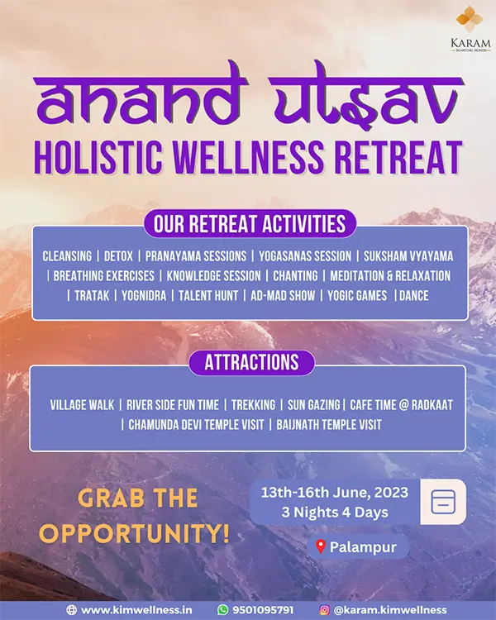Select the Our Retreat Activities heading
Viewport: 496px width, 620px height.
pos(250,224)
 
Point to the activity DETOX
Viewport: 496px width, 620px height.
pos(118,256)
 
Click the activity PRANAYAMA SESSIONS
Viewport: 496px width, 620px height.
pos(196,256)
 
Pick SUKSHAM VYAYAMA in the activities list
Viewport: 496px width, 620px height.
pos(408,256)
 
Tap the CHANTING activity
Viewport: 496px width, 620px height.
pos(295,276)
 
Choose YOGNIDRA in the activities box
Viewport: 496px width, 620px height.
pos(144,296)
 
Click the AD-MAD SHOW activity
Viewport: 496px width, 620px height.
pos(283,296)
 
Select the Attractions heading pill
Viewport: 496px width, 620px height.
pos(251,362)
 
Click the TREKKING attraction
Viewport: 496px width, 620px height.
pos(253,405)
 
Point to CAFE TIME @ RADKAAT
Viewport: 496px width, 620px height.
pos(402,405)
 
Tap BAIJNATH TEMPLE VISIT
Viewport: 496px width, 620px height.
pos(329,425)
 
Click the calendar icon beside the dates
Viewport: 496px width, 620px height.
pos(443,502)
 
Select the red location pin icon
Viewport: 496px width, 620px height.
pos(321,547)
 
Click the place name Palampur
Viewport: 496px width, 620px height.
pos(363,547)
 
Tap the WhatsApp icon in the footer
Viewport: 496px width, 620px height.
pos(223,610)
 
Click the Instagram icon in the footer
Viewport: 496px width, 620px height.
pos(324,610)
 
